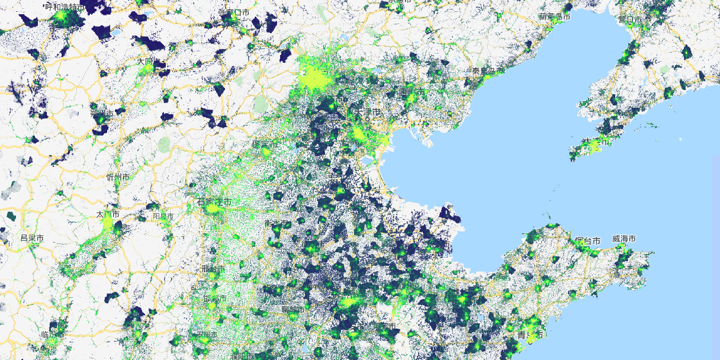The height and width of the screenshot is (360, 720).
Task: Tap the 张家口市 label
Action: tap(233, 12)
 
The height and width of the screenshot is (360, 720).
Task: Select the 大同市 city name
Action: tap(145, 62)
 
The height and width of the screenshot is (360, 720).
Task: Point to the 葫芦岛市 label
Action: tap(554, 17)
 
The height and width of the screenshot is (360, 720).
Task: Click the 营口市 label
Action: tap(629, 20)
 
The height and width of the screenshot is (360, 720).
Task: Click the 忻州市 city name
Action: tap(117, 177)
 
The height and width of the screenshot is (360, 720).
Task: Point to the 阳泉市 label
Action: tap(163, 217)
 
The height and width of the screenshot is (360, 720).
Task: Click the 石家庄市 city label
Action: tap(214, 202)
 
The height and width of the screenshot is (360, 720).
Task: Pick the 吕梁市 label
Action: tap(32, 237)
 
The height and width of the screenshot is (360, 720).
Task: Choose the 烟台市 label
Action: tap(587, 240)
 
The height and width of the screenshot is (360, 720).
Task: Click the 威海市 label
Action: tap(624, 239)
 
